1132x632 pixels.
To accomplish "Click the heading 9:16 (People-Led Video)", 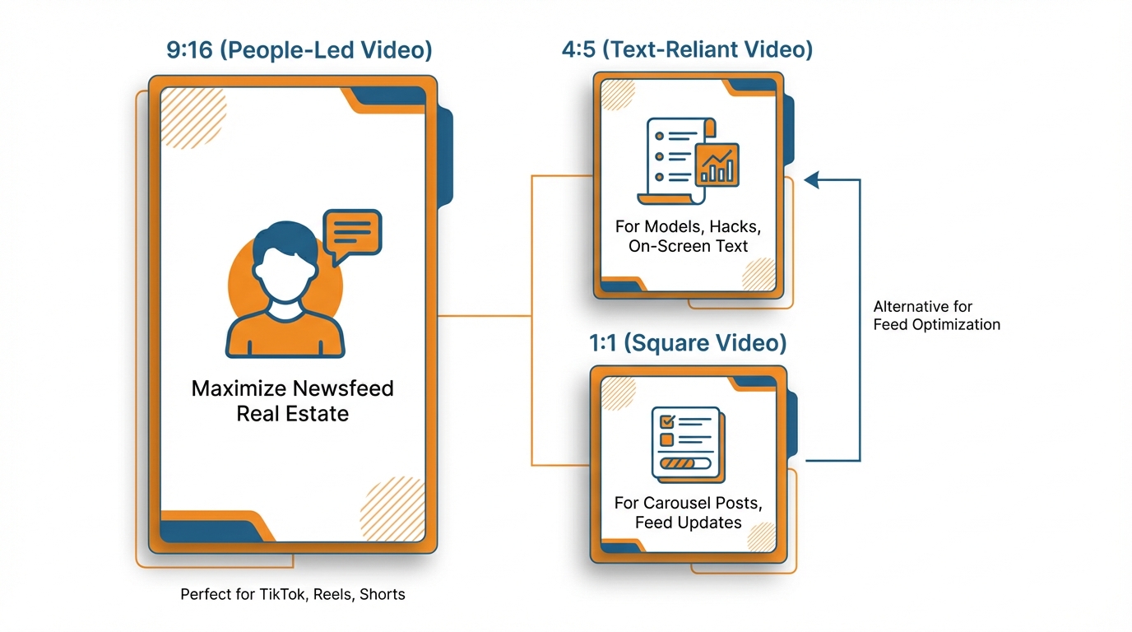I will [x=299, y=49].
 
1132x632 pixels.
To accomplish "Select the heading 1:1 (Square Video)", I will [x=687, y=342].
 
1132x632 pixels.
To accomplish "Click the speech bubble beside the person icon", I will [x=352, y=232].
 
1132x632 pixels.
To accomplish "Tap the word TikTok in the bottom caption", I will [x=282, y=594].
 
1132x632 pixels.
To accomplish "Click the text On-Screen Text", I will [x=688, y=246].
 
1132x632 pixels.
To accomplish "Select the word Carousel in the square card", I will [x=674, y=503].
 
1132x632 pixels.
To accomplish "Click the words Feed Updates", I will [x=688, y=523].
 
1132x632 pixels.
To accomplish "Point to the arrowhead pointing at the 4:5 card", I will [x=812, y=179].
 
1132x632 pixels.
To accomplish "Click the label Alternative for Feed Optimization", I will [x=936, y=316].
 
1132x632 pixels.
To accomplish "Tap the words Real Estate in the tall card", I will [x=292, y=413].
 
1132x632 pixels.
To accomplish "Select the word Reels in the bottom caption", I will [x=335, y=594].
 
